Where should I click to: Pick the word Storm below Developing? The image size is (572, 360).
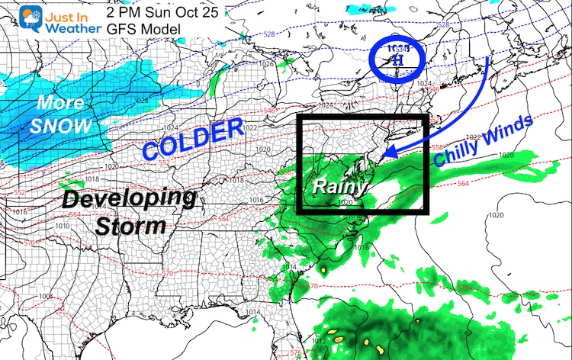pos(131,227)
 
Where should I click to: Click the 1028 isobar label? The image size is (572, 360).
pos(140,101)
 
